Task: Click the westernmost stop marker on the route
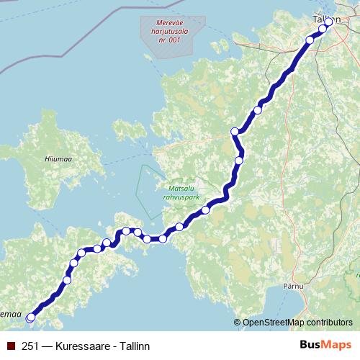point(30,317)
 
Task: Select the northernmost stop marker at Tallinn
point(329,22)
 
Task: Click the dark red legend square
point(11,346)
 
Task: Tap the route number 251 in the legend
point(30,346)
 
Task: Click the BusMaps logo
point(325,345)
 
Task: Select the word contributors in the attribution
point(329,323)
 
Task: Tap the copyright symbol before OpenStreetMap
point(238,323)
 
